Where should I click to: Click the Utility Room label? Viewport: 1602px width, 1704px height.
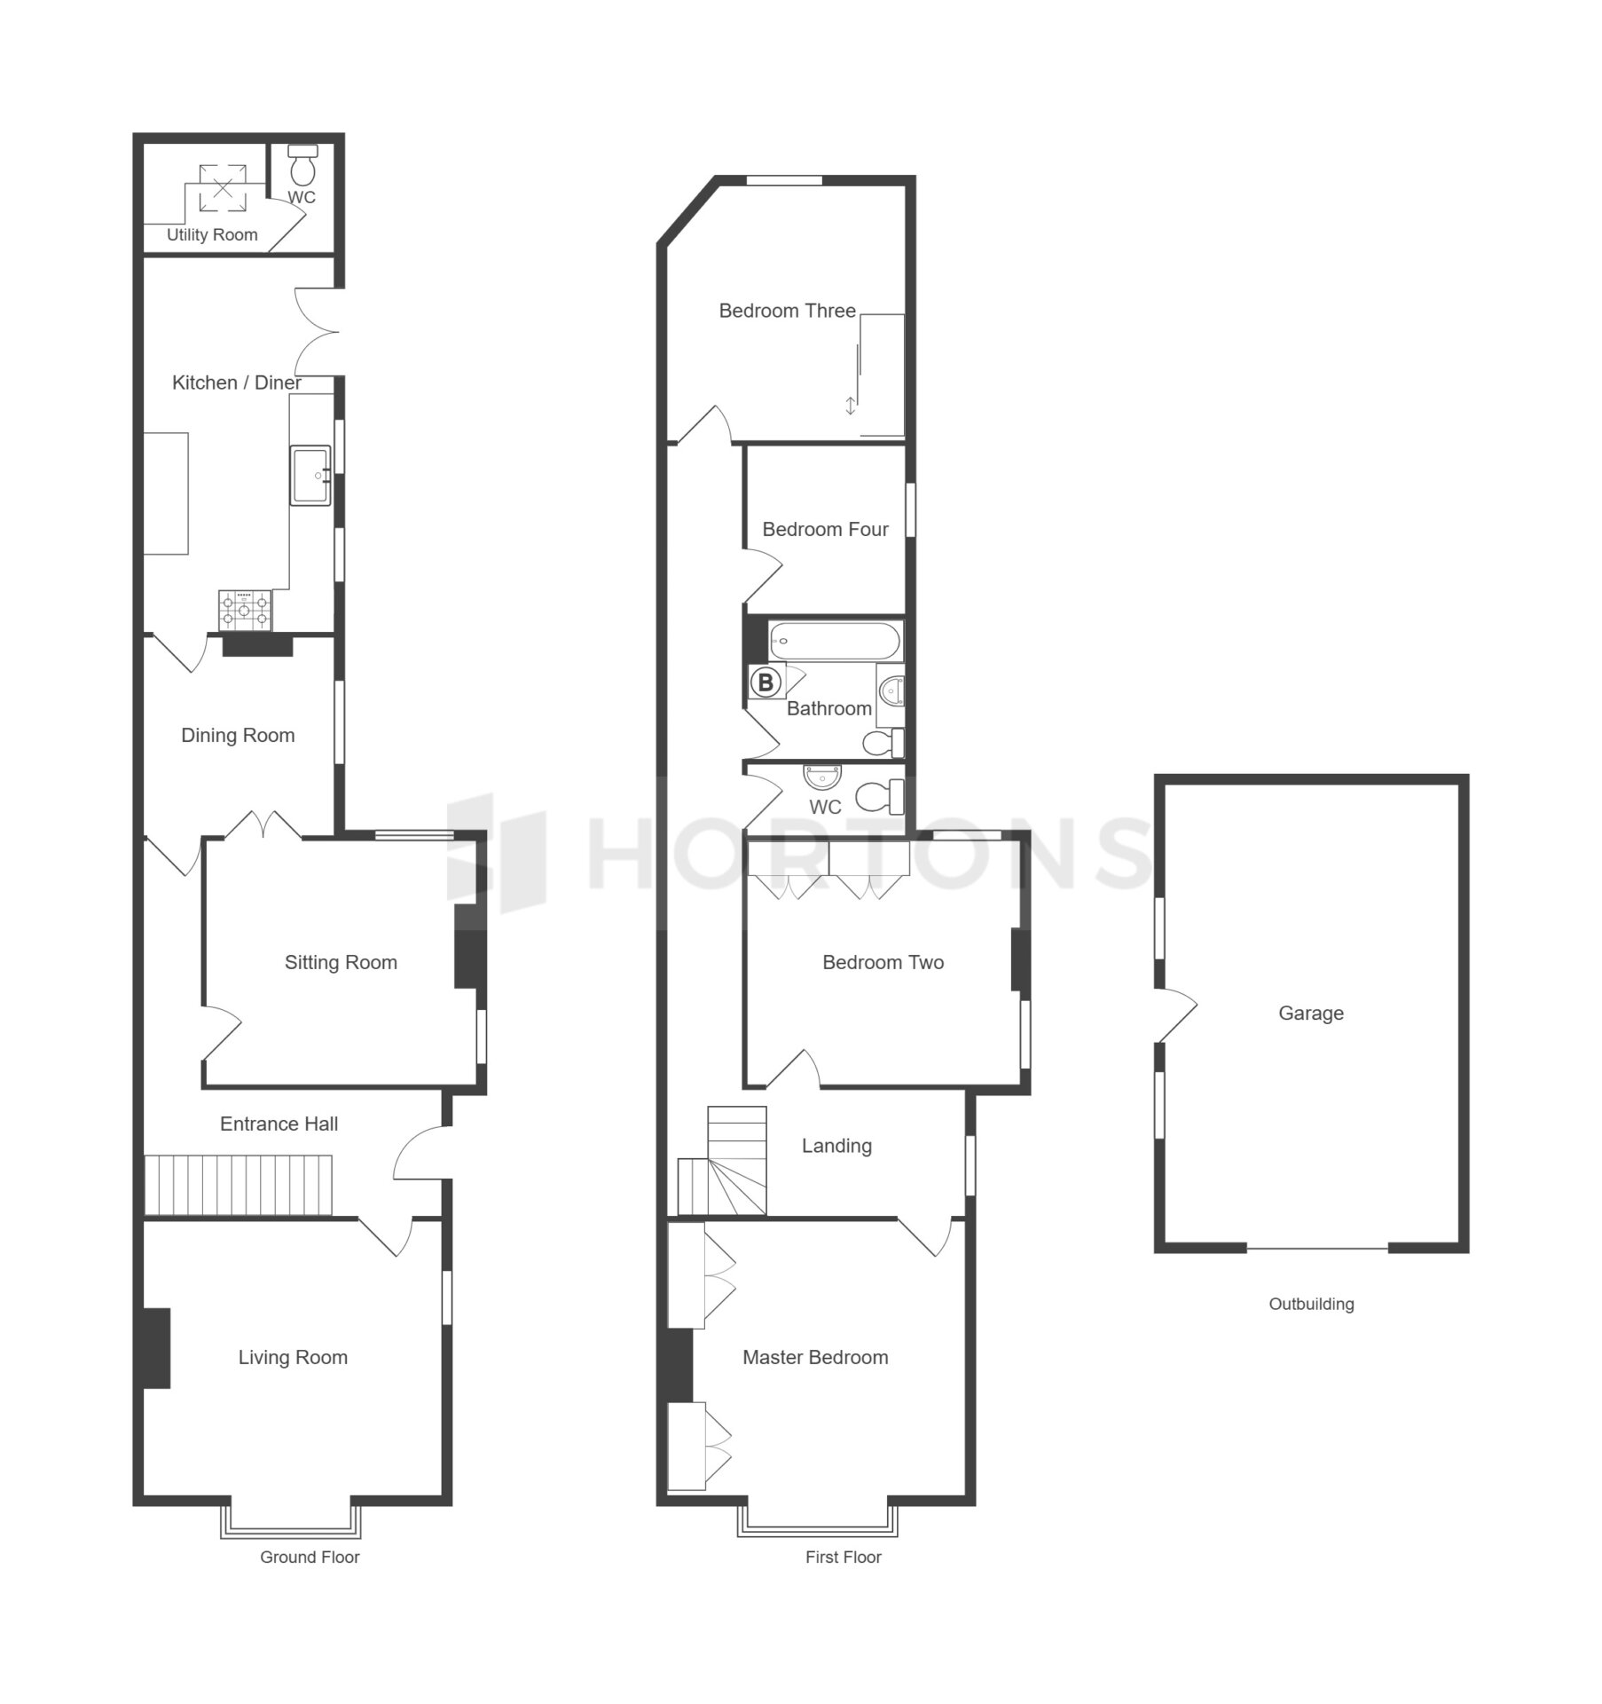212,235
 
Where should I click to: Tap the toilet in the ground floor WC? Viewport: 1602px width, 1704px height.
303,164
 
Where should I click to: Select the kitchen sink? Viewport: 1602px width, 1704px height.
310,476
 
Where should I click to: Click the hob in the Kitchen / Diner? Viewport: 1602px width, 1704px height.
246,611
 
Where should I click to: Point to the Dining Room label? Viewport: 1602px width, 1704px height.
238,736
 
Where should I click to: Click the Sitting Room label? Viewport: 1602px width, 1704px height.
341,963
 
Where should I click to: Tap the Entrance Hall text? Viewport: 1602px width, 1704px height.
279,1124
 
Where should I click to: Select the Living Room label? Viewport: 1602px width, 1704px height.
293,1358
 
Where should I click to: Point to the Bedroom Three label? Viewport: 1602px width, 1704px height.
787,312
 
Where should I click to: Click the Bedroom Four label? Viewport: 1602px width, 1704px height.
825,530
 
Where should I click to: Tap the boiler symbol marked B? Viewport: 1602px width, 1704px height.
766,682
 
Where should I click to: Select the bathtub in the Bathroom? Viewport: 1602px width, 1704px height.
835,641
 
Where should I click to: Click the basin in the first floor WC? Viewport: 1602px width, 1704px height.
822,777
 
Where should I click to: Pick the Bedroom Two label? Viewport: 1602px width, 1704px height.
883,963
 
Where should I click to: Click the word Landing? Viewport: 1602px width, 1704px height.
836,1147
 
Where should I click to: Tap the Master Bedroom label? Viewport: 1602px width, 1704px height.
815,1358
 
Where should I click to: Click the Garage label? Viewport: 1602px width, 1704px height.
1310,1014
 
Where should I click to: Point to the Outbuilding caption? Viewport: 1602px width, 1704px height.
1311,1304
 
